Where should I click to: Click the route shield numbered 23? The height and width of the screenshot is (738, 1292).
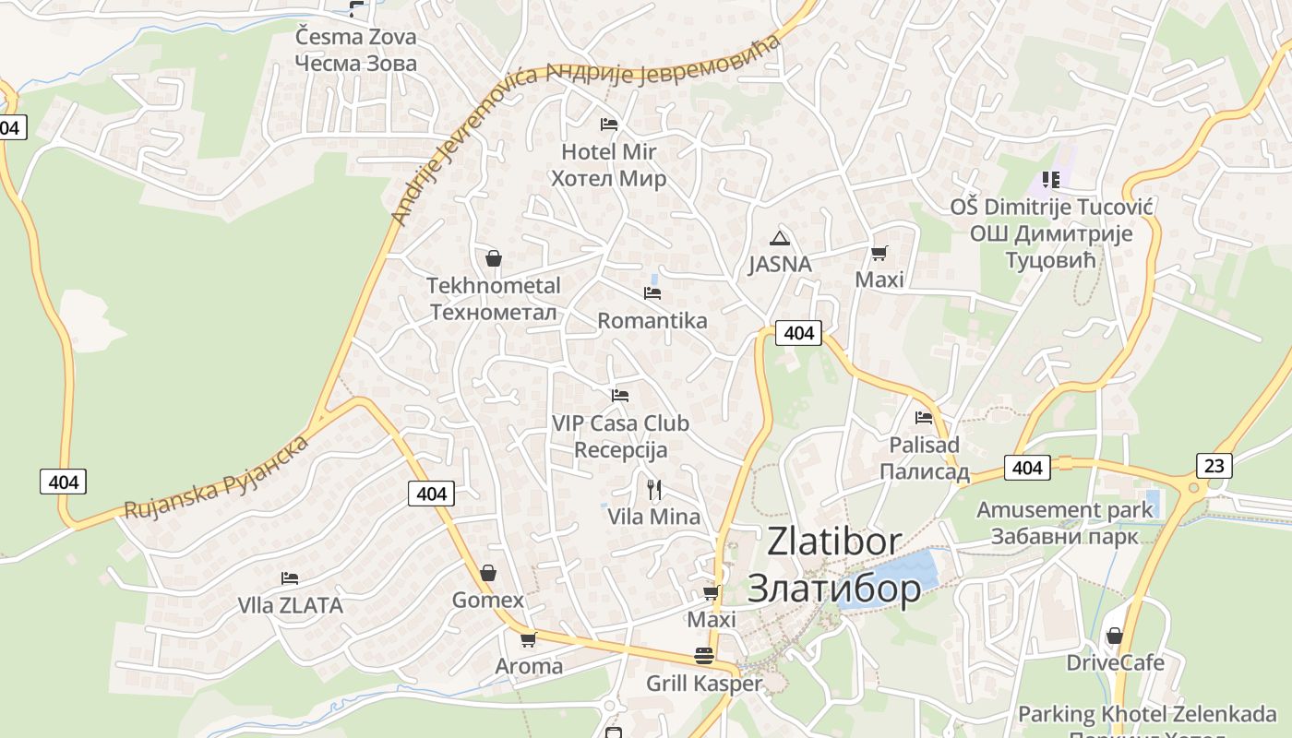click(1214, 466)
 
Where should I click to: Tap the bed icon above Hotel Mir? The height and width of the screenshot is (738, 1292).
click(608, 125)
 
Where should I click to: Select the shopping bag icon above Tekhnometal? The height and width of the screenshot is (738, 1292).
click(494, 258)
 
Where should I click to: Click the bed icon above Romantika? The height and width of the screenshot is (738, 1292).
click(652, 293)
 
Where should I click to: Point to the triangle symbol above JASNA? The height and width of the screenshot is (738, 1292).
click(780, 238)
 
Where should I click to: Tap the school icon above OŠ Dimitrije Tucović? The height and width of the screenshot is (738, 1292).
click(1050, 179)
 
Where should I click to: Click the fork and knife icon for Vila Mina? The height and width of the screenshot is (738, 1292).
click(653, 489)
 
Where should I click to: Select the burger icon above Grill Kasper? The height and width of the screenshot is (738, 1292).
click(704, 656)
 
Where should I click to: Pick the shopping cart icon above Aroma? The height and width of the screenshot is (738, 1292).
click(528, 639)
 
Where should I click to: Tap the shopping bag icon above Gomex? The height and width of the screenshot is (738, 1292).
click(487, 573)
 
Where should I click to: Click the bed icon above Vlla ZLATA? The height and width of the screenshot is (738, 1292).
click(290, 578)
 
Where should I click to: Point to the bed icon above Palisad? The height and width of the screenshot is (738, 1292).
click(924, 418)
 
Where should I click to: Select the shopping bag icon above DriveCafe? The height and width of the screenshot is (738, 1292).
click(1114, 636)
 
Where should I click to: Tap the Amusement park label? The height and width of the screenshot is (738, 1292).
click(1064, 509)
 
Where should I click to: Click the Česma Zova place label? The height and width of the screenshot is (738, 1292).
click(355, 38)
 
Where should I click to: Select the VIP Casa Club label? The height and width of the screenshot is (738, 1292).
click(620, 423)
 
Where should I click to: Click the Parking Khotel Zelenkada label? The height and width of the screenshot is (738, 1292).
click(1147, 714)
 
